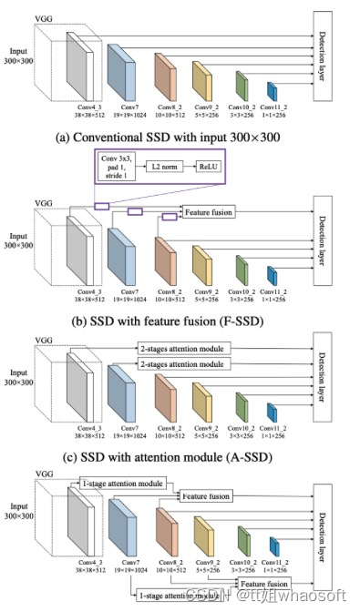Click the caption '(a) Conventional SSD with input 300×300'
click(x=180, y=138)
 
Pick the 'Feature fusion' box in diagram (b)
click(x=209, y=212)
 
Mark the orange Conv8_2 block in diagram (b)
click(x=164, y=258)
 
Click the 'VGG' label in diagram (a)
click(x=43, y=16)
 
